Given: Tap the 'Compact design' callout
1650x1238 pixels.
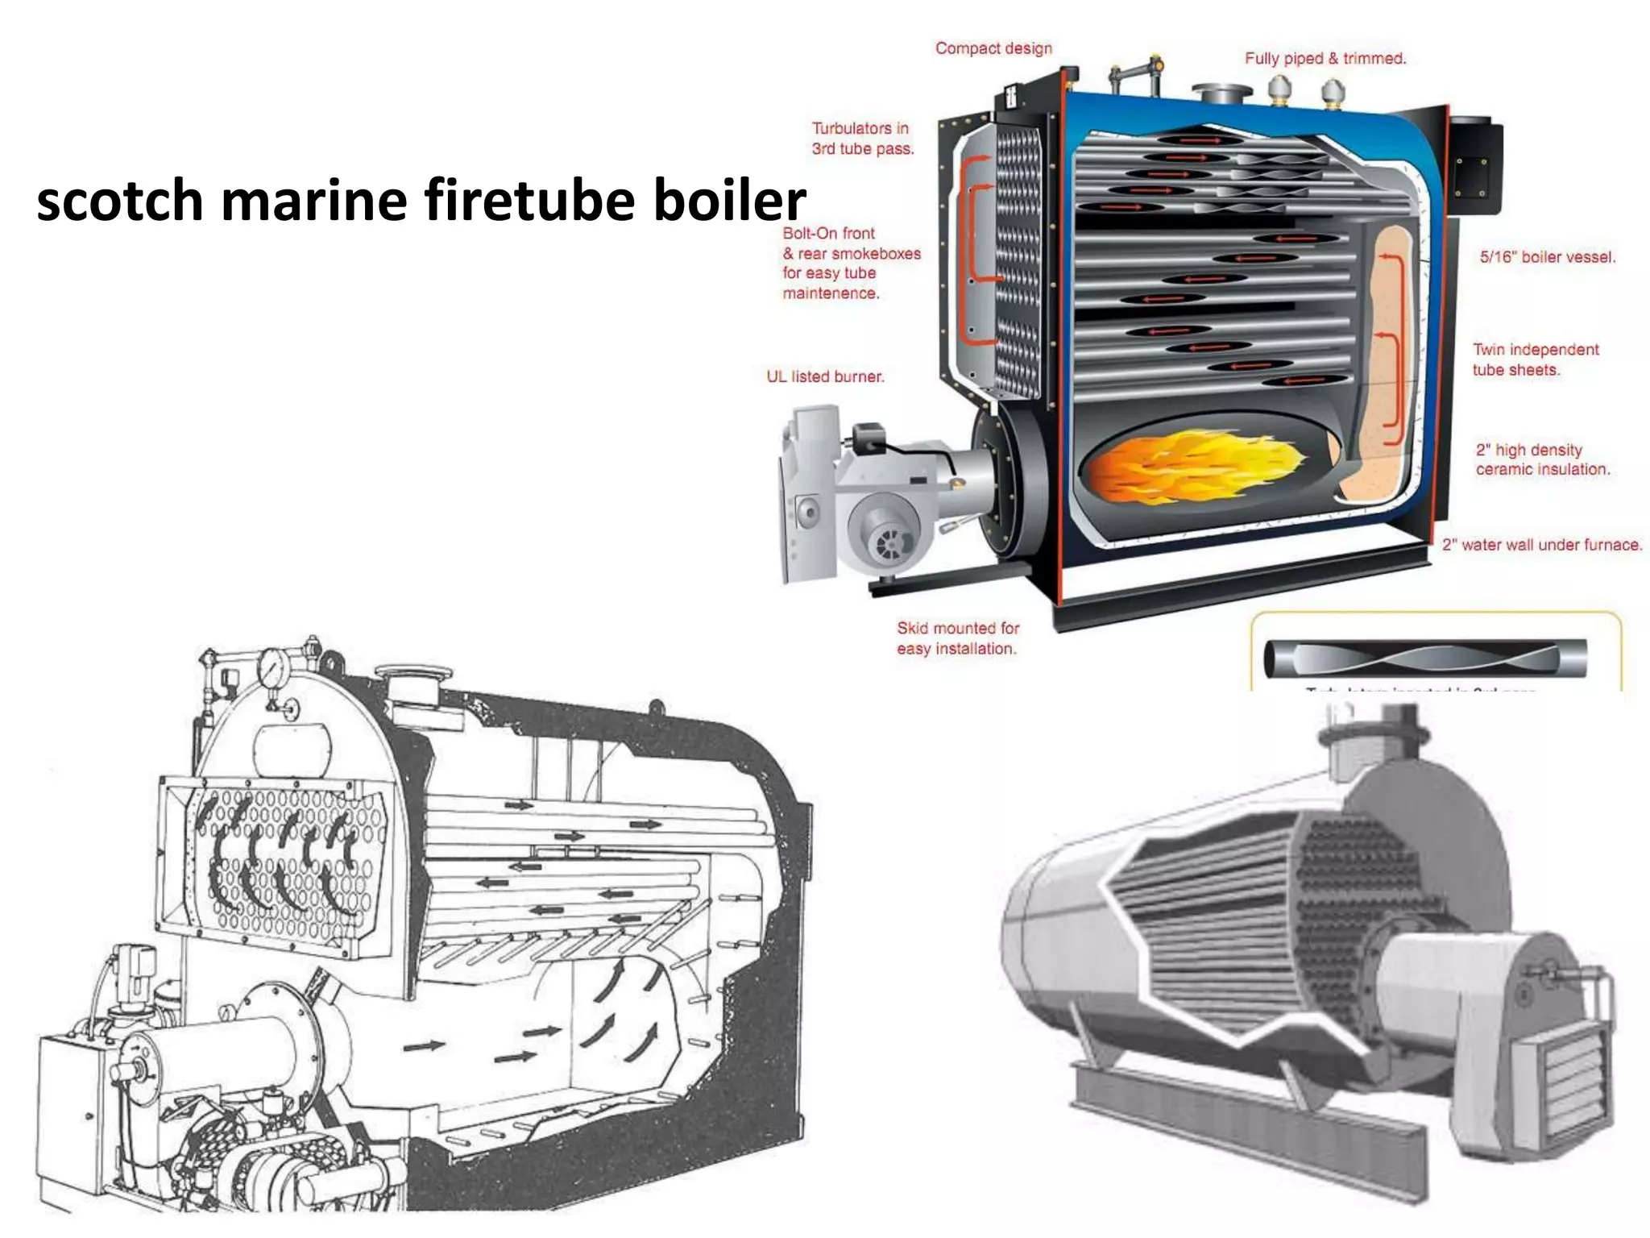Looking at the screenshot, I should pos(993,48).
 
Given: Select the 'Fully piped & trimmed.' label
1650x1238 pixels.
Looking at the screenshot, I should pos(1325,58).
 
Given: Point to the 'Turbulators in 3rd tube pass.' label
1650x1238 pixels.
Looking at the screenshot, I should pos(862,139).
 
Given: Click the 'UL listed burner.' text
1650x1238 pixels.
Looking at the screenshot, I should pos(825,376).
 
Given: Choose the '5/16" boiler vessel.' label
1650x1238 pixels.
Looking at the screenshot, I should pos(1547,257).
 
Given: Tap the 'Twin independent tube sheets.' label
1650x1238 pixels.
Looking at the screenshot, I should pos(1535,359).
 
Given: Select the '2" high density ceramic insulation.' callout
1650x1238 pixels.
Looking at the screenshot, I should pos(1542,459).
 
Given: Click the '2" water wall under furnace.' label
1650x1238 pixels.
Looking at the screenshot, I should pos(1540,545).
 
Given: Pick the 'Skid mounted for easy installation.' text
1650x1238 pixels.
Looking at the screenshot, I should pos(957,638).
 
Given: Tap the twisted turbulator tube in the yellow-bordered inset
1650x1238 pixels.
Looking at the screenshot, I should pos(1424,658).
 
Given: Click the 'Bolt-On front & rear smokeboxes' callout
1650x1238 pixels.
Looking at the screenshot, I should pos(851,263).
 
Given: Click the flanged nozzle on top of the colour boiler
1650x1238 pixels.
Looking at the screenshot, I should pos(1221,93).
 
